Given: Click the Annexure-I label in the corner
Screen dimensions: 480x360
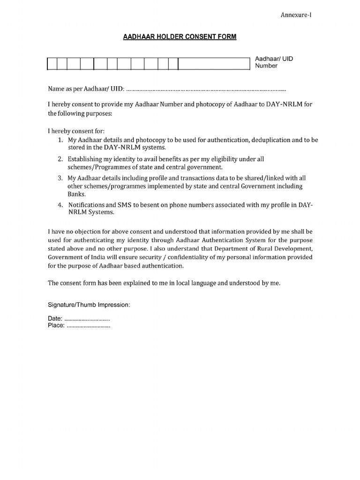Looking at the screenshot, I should click(x=296, y=15).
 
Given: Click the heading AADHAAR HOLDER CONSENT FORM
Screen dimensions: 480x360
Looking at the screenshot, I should click(x=180, y=37).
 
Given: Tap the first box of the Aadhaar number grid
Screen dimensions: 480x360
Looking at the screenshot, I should click(x=52, y=64).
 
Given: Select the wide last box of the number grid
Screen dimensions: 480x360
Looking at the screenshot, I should click(x=214, y=64).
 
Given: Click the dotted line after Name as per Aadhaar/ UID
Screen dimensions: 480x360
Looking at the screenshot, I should click(x=206, y=89).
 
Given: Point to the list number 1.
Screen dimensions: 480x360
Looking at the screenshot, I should click(x=60, y=140).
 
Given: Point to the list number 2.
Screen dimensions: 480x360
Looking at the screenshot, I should click(x=60, y=159).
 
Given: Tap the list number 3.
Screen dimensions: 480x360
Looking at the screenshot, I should click(x=60, y=179).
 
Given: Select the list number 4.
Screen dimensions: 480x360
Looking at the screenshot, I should click(x=60, y=205).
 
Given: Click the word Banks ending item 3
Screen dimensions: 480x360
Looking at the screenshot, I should click(x=77, y=194).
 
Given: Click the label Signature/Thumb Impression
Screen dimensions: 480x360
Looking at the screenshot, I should click(x=89, y=305).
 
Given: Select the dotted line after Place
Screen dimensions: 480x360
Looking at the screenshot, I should click(x=89, y=326).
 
